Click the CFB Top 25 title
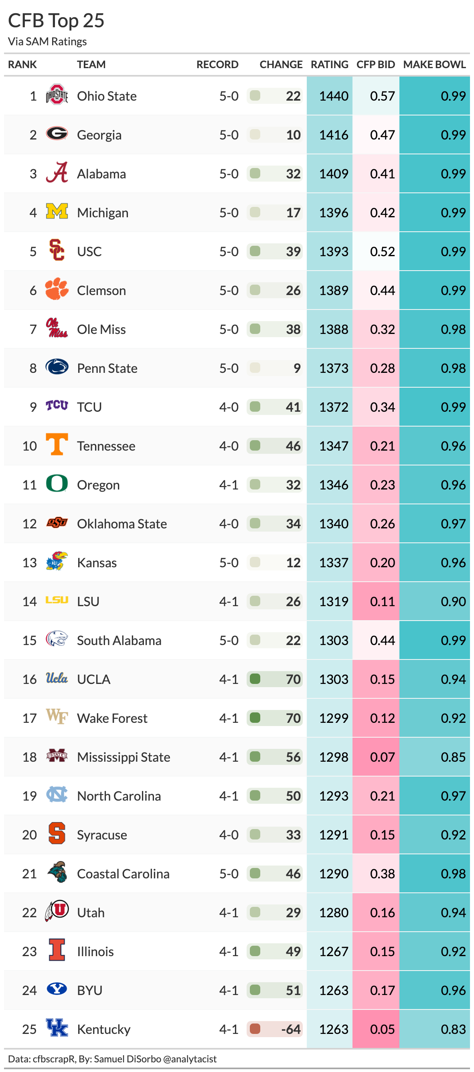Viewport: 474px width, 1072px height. [56, 20]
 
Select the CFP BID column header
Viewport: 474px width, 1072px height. [375, 65]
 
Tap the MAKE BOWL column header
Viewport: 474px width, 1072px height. [434, 65]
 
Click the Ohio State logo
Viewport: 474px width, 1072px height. [57, 95]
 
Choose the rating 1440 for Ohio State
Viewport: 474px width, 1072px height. [333, 96]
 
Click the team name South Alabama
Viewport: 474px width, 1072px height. [119, 640]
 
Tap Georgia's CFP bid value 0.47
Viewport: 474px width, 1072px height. [382, 135]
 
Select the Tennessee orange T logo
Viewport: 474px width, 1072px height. [57, 445]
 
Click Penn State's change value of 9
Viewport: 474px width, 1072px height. [297, 368]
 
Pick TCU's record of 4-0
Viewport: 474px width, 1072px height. [229, 407]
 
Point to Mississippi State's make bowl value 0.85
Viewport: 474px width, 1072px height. [453, 757]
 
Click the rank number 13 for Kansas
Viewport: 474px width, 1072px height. [30, 562]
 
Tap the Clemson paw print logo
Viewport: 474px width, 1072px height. [57, 289]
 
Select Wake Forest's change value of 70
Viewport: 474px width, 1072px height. [293, 718]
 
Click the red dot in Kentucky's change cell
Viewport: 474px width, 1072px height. [255, 1029]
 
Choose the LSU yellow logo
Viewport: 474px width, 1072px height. [57, 600]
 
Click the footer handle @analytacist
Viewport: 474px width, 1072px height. [190, 1059]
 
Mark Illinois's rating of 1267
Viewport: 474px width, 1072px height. [333, 951]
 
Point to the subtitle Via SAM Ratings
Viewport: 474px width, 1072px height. [47, 42]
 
